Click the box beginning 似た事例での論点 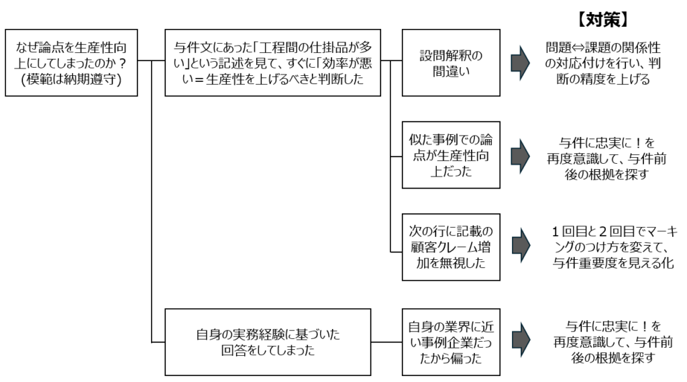451,154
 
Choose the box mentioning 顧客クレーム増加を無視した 451,245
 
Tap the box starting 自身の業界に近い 451,342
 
